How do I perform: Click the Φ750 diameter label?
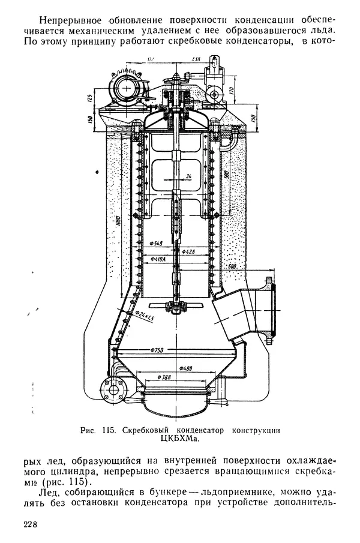click(158, 350)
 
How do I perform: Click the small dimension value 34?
click(188, 176)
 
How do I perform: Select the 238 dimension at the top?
click(196, 59)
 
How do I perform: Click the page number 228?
click(31, 525)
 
